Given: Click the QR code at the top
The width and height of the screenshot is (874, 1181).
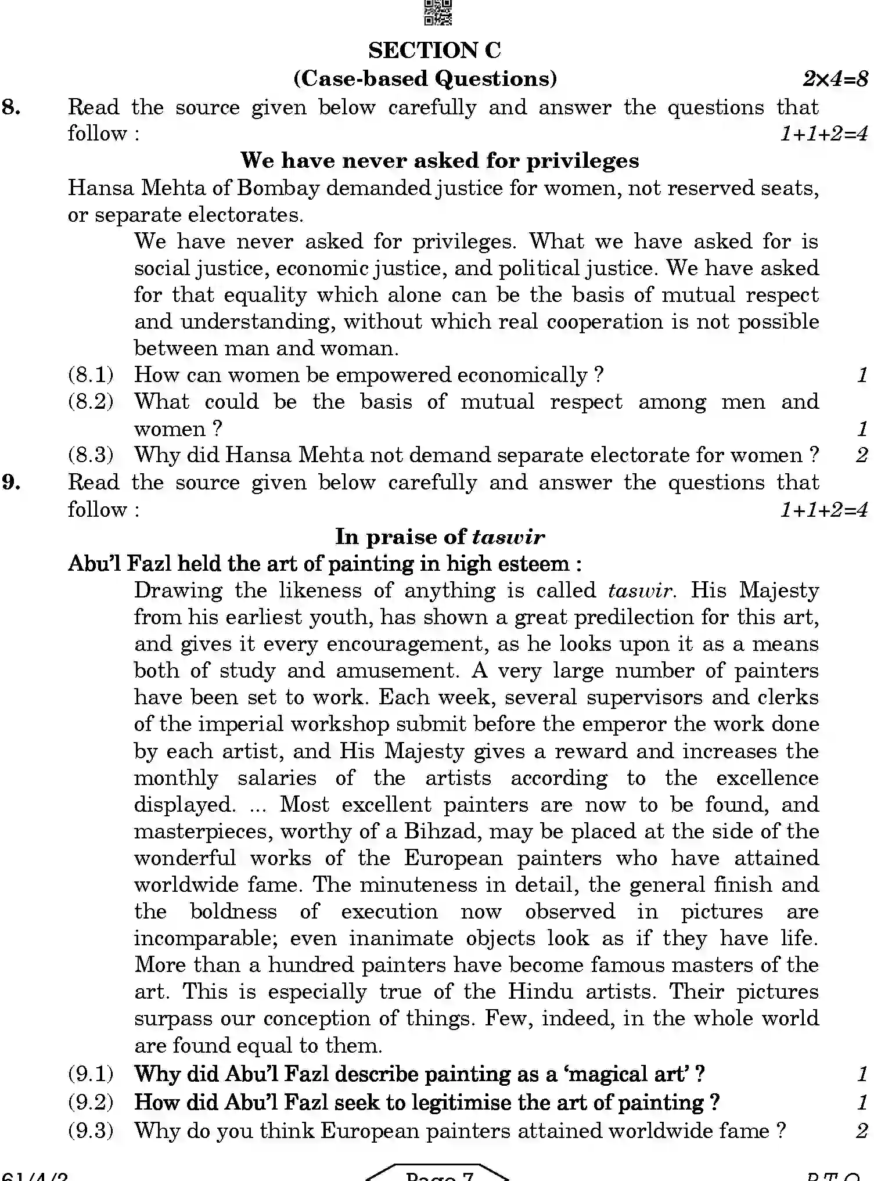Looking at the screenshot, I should (438, 12).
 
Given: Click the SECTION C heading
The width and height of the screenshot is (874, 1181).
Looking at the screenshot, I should (434, 51).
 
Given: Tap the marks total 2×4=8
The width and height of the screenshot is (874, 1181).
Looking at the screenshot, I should (835, 78).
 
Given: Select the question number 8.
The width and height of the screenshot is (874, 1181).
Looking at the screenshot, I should (12, 107).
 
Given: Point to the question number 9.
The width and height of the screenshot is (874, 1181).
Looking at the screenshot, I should (12, 483).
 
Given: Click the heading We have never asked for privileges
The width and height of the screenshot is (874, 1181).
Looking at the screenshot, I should (440, 160).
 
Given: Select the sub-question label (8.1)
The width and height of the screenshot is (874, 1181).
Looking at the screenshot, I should (91, 375).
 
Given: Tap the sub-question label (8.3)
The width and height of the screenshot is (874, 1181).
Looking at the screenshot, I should (91, 455).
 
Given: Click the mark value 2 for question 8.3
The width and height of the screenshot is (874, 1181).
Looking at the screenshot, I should (862, 455).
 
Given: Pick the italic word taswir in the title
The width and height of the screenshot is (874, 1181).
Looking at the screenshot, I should (508, 537).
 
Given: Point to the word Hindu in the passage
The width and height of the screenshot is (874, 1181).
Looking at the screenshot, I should (540, 991).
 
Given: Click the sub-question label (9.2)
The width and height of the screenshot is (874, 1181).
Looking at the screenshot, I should (91, 1102).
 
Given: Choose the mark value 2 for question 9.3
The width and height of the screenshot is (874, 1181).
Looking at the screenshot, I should (862, 1130).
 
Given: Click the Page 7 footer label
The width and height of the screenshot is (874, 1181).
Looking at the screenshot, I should (440, 1175).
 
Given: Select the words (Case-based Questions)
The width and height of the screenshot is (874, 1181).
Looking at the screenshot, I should (425, 78).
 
